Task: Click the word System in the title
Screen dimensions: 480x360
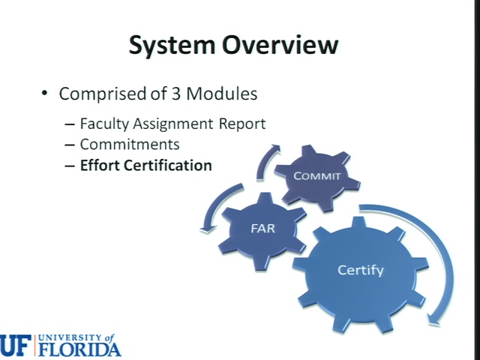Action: point(172,45)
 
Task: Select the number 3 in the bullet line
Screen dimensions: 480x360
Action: point(175,93)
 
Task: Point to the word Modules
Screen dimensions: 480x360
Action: point(222,93)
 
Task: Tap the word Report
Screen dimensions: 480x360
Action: point(241,124)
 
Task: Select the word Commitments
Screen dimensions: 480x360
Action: point(130,145)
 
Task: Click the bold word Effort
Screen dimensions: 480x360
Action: point(100,165)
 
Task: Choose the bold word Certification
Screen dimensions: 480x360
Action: point(168,165)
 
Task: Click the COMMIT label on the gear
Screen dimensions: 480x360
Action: point(316,176)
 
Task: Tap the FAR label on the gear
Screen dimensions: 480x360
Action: point(263,228)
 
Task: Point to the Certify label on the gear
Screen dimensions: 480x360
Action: point(360,270)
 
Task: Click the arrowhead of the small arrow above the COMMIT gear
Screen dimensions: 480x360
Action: point(275,148)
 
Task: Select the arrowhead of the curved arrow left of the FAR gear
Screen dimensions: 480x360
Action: point(207,230)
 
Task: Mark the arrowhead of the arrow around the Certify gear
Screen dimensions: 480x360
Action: point(434,320)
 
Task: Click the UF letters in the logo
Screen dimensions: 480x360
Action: point(15,346)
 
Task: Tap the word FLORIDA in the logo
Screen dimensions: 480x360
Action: point(80,349)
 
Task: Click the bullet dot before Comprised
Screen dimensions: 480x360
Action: point(45,93)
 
